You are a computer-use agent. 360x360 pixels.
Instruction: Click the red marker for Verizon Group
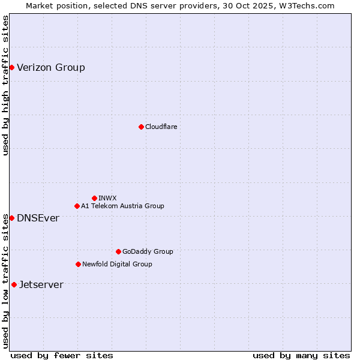coord(11,67)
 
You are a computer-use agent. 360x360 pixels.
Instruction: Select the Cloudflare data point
coord(141,127)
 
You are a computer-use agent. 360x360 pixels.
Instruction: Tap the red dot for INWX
coord(94,198)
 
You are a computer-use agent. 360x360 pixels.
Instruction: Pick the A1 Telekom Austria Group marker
coord(77,206)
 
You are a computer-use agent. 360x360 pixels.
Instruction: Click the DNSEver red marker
coord(11,218)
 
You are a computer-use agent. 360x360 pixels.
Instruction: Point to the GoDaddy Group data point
coord(118,251)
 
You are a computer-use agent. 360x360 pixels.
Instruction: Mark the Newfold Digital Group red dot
coord(78,264)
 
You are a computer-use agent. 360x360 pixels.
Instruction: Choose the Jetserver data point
coord(14,284)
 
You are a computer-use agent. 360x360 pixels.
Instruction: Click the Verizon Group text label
coord(51,67)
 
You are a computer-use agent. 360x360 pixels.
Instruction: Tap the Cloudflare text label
coord(161,127)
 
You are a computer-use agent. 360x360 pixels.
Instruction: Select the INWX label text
coord(107,198)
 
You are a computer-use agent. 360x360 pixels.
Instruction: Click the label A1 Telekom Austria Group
coord(122,206)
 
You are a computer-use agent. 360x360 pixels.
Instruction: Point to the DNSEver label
coord(38,218)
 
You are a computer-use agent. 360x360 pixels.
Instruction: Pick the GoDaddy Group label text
coord(148,251)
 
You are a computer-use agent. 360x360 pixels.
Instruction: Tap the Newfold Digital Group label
coord(117,264)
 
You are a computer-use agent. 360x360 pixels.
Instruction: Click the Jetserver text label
coord(41,284)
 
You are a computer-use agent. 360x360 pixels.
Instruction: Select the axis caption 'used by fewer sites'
coord(62,355)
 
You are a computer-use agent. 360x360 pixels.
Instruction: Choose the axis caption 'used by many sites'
coord(301,355)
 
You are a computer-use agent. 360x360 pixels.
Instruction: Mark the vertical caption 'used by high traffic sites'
coord(5,86)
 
